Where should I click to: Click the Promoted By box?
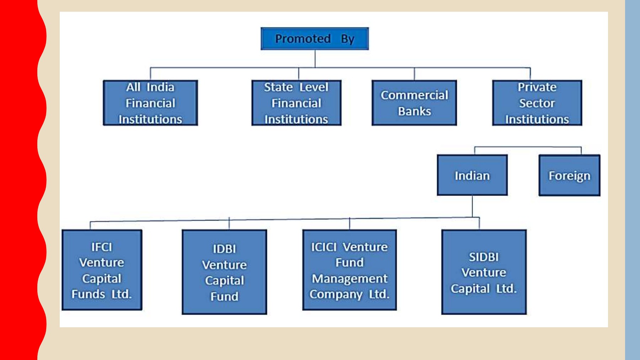(x=315, y=38)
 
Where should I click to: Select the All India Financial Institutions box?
(x=150, y=103)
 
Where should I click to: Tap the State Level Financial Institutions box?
(x=296, y=103)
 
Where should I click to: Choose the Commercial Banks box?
(x=414, y=103)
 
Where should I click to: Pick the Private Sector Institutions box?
(x=537, y=103)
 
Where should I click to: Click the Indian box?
(x=472, y=175)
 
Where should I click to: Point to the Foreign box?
(x=569, y=175)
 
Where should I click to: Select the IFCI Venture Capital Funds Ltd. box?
(x=102, y=270)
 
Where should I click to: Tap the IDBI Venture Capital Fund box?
(x=224, y=272)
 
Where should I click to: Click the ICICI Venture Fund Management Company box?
(x=350, y=270)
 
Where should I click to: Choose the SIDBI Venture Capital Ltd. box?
(x=484, y=272)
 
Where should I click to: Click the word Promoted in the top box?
(x=303, y=38)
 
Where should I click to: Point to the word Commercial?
(x=414, y=95)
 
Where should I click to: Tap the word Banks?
(x=414, y=111)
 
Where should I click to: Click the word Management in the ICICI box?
(x=350, y=278)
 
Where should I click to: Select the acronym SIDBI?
(x=484, y=257)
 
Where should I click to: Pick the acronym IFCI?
(x=102, y=247)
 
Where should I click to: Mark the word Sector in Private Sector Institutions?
(x=537, y=103)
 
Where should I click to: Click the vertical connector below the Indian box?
(x=472, y=206)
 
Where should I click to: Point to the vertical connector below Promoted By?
(x=315, y=59)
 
